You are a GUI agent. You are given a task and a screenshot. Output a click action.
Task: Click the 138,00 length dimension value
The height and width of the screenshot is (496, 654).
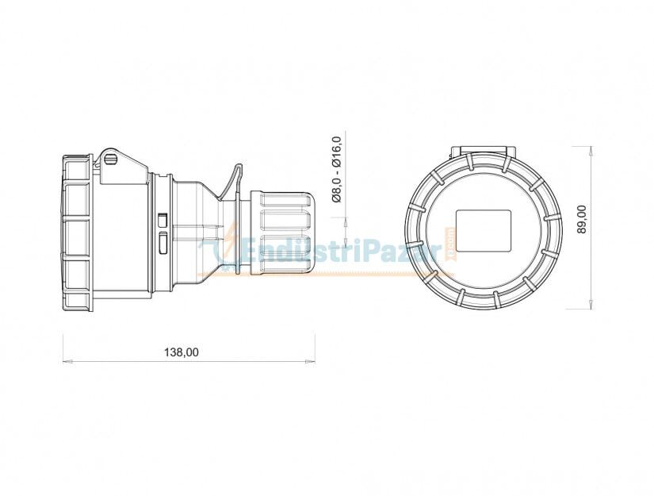pos(181,352)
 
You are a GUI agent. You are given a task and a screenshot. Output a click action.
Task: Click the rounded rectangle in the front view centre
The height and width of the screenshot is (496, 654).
pos(484,230)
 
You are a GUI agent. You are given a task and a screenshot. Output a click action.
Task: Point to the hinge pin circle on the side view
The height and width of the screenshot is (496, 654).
pos(110,160)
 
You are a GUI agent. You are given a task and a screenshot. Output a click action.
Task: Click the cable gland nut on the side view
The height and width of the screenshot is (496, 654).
pos(282,232)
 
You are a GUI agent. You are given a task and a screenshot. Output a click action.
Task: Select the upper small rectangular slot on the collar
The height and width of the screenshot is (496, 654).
pos(163,218)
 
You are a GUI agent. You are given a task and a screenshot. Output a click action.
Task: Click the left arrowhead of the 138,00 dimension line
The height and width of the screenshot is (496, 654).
pos(66,363)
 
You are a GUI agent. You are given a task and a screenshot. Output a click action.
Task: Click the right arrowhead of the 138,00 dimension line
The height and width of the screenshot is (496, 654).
pos(312,363)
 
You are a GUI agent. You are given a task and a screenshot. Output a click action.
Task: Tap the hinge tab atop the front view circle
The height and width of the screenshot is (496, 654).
pos(483,152)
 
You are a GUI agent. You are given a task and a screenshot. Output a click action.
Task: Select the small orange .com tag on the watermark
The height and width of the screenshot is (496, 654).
pos(449,238)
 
